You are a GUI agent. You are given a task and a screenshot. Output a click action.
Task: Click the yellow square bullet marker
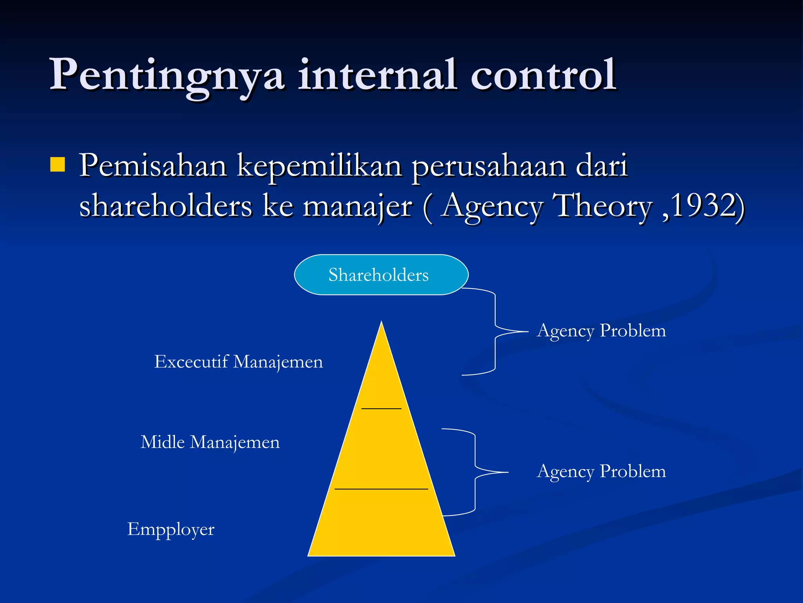coord(58,165)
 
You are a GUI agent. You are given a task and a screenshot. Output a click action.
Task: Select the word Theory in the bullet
coord(602,206)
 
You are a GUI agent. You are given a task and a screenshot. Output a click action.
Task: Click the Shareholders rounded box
coord(381,275)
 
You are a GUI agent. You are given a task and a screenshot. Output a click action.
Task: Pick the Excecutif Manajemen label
coord(238,362)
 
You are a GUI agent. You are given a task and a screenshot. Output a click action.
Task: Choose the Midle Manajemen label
coord(210,442)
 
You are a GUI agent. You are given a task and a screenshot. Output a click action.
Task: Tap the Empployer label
coord(171,529)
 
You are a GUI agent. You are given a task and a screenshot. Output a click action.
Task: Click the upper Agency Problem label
coord(601,331)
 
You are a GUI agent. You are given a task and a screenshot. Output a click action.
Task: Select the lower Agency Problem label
coord(601,471)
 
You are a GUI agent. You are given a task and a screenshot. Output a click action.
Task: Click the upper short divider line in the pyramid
coord(381,409)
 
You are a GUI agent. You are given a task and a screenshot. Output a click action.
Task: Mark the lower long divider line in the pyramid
coord(381,489)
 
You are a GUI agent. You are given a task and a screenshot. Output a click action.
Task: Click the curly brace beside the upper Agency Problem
coord(495,332)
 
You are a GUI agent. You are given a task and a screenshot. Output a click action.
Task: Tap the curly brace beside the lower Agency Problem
coord(475,472)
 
